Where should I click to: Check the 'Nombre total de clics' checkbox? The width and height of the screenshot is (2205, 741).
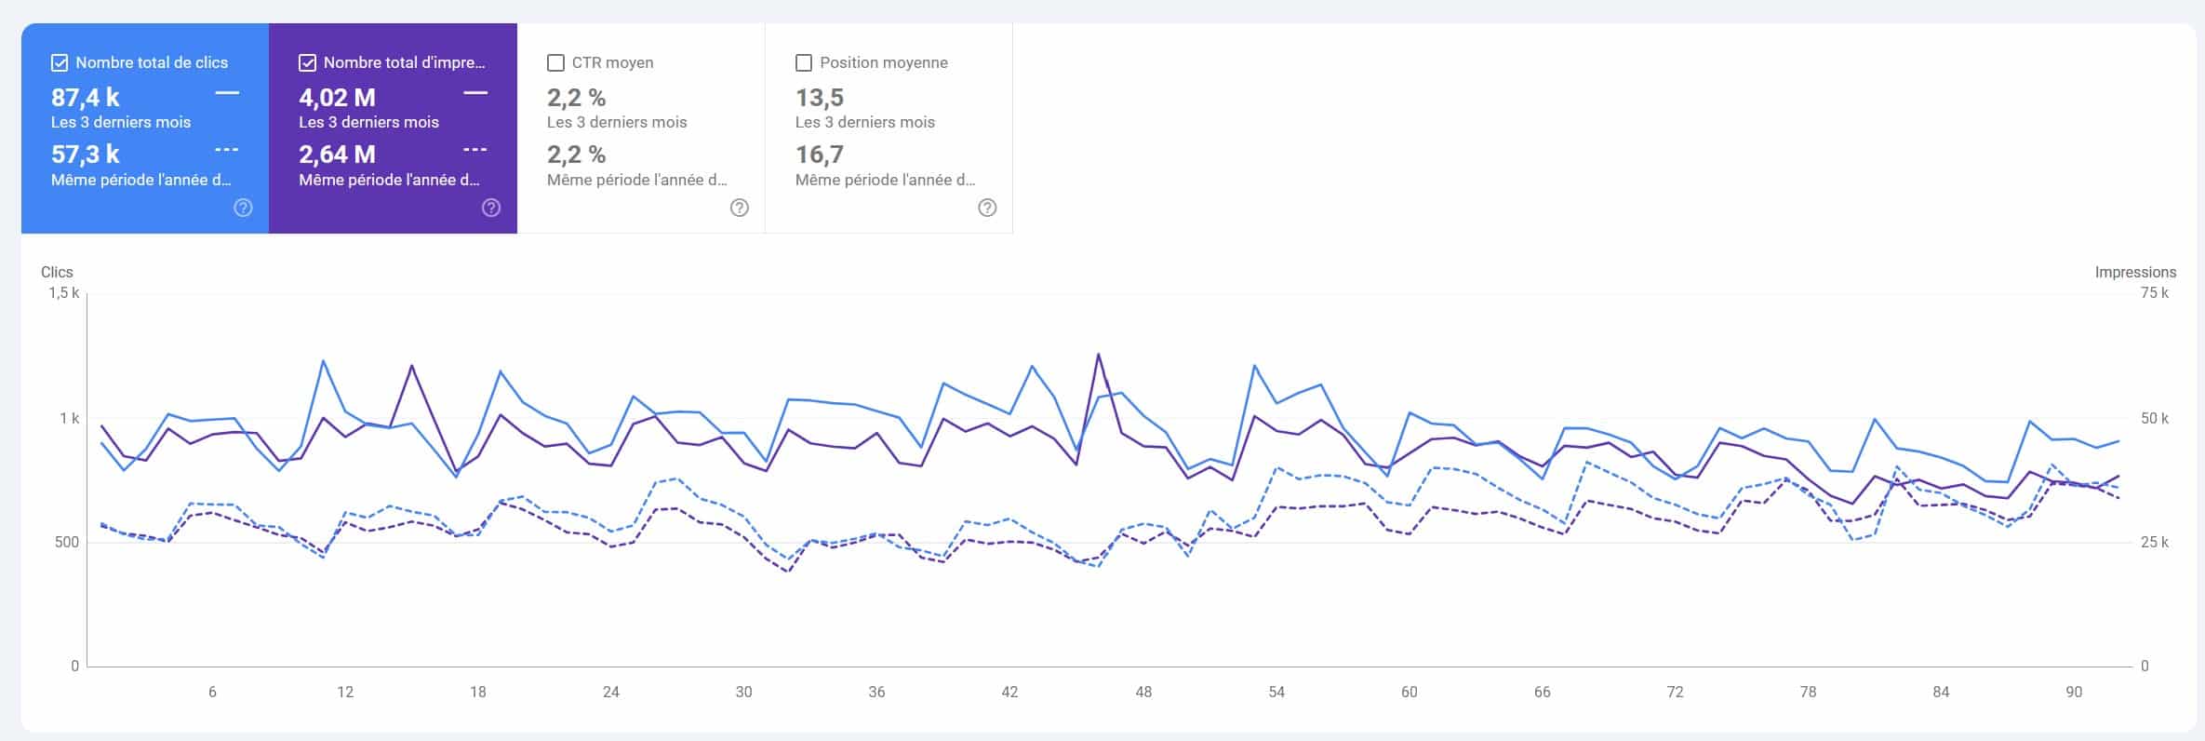pyautogui.click(x=60, y=63)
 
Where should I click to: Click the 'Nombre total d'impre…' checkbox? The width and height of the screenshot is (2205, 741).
pyautogui.click(x=307, y=63)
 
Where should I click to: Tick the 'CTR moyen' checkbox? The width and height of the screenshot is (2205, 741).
pyautogui.click(x=555, y=63)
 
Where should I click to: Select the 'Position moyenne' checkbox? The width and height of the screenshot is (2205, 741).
pyautogui.click(x=804, y=63)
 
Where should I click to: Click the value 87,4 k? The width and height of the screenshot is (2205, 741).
pyautogui.click(x=86, y=98)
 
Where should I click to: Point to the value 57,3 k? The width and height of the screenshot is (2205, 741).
pyautogui.click(x=86, y=155)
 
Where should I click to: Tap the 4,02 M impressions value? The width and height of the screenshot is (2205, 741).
pyautogui.click(x=337, y=98)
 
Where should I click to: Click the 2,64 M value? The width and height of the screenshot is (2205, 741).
pyautogui.click(x=337, y=155)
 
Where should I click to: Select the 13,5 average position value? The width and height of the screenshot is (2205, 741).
pyautogui.click(x=819, y=98)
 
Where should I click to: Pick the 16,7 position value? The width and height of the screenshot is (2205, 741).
pyautogui.click(x=819, y=155)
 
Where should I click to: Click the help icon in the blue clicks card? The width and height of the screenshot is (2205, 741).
pyautogui.click(x=243, y=208)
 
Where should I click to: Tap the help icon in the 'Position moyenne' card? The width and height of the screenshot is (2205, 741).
pyautogui.click(x=987, y=208)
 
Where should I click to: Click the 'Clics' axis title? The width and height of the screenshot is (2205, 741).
pyautogui.click(x=57, y=272)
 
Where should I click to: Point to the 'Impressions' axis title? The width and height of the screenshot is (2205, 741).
pyautogui.click(x=2135, y=272)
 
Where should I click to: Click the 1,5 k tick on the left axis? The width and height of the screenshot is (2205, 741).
pyautogui.click(x=64, y=293)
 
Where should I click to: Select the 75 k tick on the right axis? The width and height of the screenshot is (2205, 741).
pyautogui.click(x=2154, y=293)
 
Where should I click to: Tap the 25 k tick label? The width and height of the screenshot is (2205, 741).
pyautogui.click(x=2154, y=542)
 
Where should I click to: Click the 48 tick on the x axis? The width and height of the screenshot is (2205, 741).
pyautogui.click(x=1143, y=692)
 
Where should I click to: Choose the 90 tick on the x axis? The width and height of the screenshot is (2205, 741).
pyautogui.click(x=2074, y=692)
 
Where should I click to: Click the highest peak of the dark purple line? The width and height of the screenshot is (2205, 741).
pyautogui.click(x=1099, y=354)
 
